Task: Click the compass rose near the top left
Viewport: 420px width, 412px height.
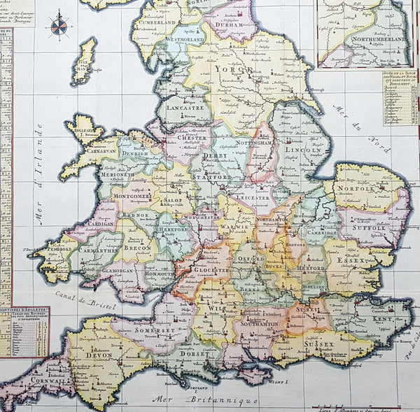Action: [x=59, y=27]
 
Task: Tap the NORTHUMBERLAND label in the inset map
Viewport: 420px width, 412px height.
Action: [x=379, y=41]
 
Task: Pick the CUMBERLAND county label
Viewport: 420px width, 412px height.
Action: [x=156, y=22]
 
